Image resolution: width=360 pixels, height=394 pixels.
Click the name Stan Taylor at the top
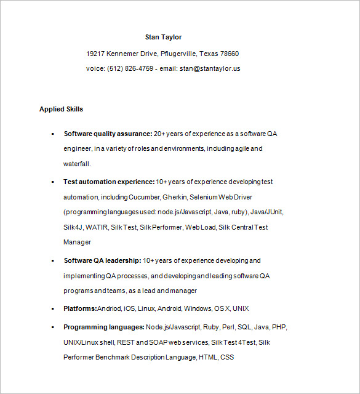(x=163, y=37)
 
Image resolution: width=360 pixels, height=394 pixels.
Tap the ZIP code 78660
(x=230, y=54)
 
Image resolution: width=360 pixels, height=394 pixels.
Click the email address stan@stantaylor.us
(x=210, y=68)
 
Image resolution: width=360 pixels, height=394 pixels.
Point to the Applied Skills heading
(x=61, y=109)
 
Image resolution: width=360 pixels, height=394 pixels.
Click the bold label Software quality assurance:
(x=108, y=133)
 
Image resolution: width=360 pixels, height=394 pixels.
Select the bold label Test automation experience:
(x=109, y=182)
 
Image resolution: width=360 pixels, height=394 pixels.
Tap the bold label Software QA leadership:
(x=102, y=260)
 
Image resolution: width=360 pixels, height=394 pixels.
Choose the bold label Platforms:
(x=80, y=308)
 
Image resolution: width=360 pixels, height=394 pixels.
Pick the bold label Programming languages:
(x=104, y=327)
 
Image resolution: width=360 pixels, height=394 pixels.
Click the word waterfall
(x=76, y=164)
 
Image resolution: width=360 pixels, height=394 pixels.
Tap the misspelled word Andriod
(x=110, y=308)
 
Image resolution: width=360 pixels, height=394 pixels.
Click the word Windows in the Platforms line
(x=198, y=308)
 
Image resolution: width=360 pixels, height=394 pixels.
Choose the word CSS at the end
(x=227, y=357)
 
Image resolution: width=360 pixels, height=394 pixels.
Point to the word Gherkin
(x=174, y=197)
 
